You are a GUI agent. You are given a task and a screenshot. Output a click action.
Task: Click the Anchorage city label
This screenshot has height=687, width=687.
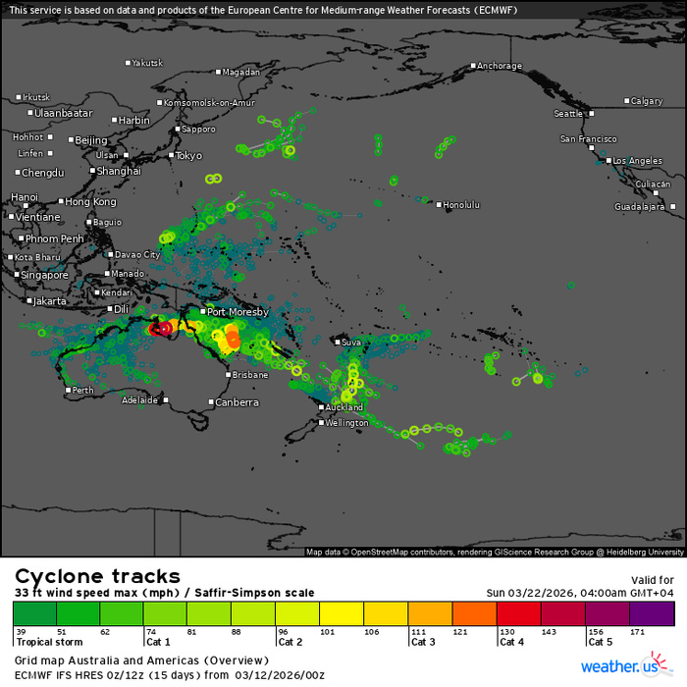(x=499, y=66)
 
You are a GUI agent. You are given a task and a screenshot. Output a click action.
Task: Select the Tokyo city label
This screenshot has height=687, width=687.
(x=187, y=155)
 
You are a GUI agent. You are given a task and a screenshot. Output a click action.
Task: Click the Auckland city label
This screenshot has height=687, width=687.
(x=343, y=406)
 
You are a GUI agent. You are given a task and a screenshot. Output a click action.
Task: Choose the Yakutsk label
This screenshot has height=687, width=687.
(x=147, y=63)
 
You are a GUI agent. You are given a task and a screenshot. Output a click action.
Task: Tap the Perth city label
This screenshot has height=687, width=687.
(x=84, y=391)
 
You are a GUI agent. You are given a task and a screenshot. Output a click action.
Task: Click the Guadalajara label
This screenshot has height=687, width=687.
(x=640, y=207)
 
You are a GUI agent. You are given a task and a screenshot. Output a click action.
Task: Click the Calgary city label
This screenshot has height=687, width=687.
(x=646, y=101)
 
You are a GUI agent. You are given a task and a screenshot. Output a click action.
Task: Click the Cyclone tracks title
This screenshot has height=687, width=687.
(x=97, y=576)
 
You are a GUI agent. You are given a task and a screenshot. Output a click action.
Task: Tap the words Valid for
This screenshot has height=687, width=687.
(x=653, y=580)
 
